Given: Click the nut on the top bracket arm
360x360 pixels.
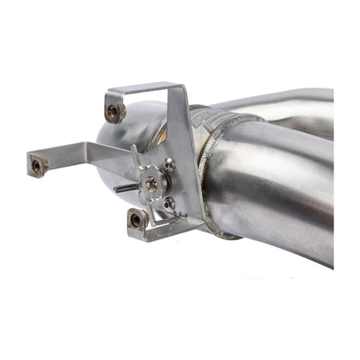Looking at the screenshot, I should click(x=114, y=112).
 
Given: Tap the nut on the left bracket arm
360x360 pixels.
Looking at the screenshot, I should click(x=36, y=165).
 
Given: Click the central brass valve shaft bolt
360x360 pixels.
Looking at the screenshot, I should click(x=151, y=183).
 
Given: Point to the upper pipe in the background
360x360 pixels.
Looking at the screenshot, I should click(x=290, y=110).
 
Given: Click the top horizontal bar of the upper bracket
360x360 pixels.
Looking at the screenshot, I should click(x=141, y=88).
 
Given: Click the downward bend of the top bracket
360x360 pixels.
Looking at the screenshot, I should click(x=111, y=102).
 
